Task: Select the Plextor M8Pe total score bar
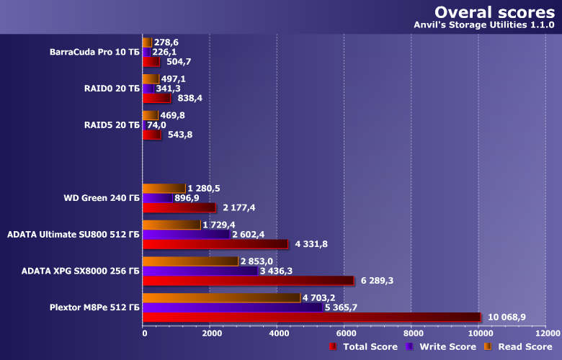click(311, 318)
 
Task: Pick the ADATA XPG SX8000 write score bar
click(200, 271)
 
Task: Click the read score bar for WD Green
click(164, 189)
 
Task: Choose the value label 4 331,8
click(311, 244)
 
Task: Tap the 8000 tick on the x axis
click(412, 333)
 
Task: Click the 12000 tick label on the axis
click(545, 333)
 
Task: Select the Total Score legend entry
click(363, 347)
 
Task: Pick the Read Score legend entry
click(517, 347)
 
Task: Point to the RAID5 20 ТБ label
click(112, 125)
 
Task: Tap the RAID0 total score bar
click(156, 98)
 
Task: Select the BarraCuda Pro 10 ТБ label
click(95, 52)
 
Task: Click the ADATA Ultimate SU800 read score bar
click(171, 225)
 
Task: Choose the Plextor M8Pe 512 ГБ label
click(95, 307)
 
